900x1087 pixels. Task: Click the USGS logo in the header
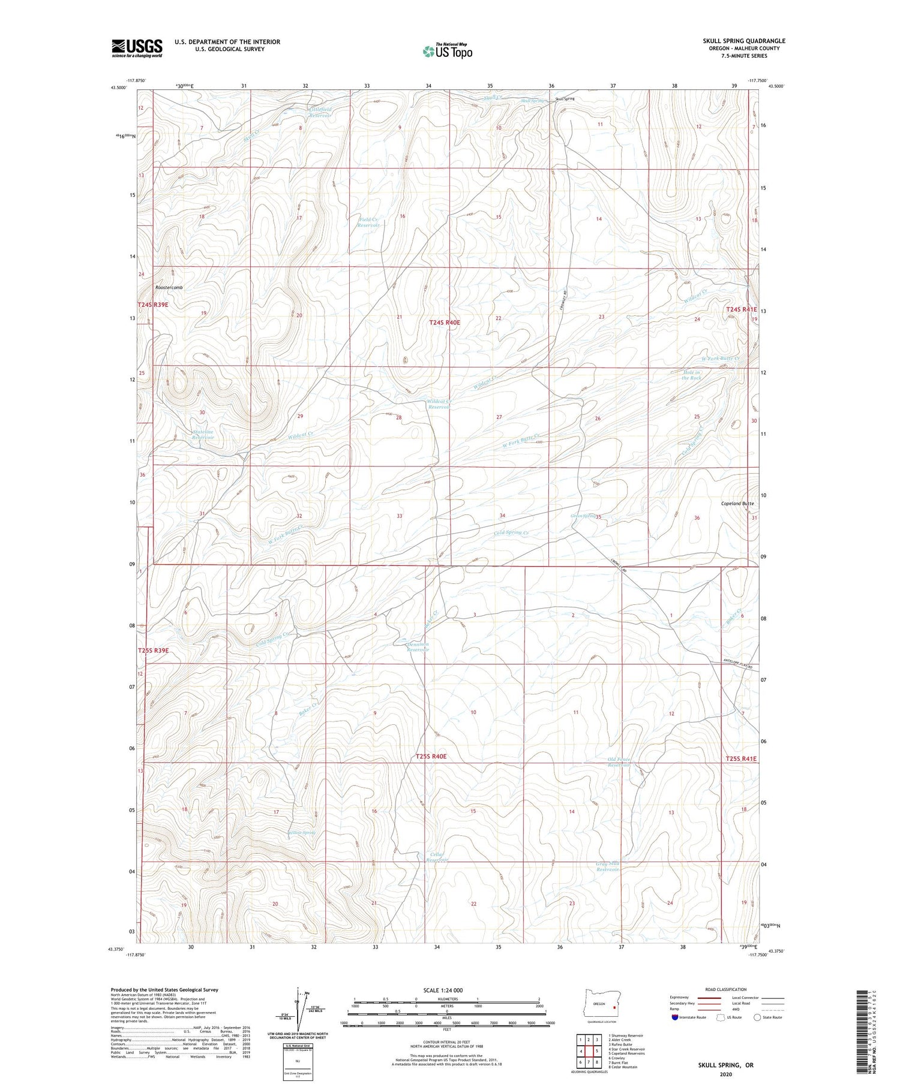137,48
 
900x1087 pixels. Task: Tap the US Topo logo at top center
447,51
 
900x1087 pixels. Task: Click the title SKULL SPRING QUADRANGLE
744,41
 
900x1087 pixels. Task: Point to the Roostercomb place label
169,288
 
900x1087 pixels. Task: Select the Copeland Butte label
737,504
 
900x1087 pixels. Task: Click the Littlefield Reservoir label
320,112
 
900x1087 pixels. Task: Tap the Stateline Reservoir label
203,435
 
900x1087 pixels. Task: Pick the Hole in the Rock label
691,375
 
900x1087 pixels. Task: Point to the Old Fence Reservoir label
619,763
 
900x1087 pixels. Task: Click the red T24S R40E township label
445,323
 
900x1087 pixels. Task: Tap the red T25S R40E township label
431,757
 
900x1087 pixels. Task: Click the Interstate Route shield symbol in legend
675,1017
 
